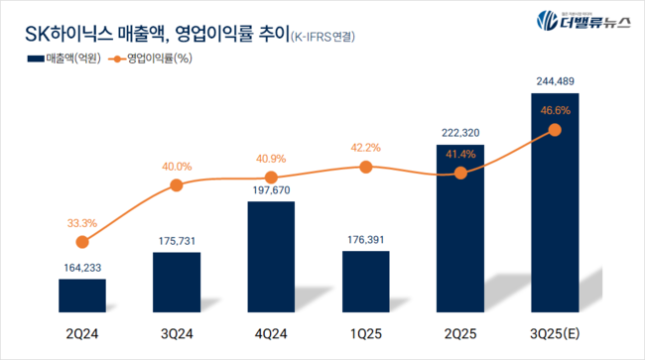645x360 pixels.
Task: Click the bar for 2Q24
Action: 82,294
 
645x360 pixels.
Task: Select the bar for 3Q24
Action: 177,281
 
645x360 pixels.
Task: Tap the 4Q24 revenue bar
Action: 271,256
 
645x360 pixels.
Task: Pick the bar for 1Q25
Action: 365,281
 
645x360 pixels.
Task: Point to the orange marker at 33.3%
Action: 82,241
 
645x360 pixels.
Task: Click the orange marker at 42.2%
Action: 365,167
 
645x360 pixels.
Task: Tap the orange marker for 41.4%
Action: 459,173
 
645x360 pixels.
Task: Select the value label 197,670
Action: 271,189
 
